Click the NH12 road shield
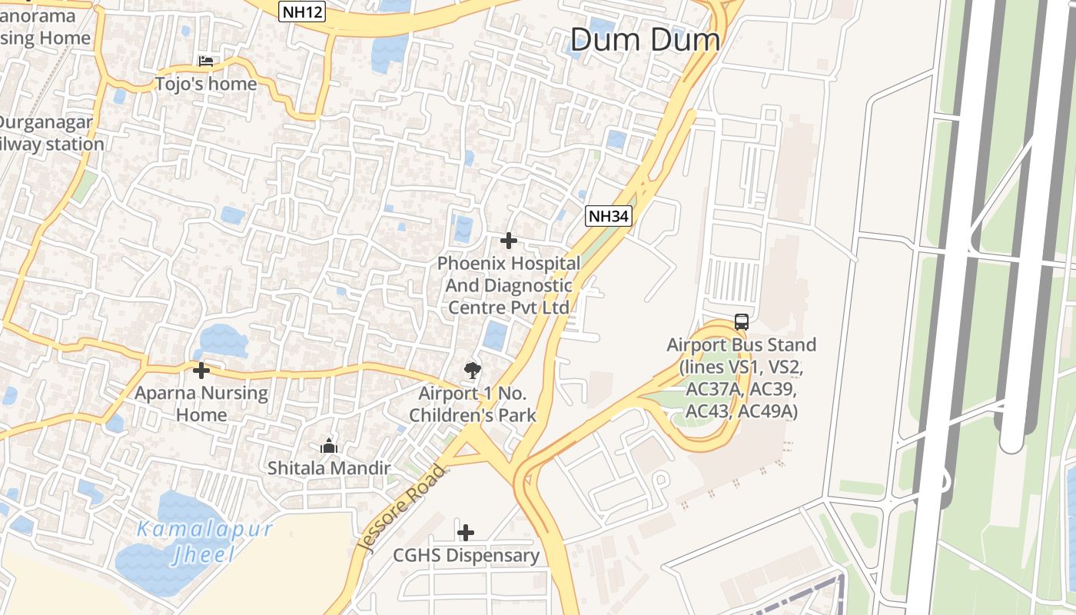302,11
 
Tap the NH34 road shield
608,217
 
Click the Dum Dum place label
645,40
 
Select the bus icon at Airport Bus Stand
741,322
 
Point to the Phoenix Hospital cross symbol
508,241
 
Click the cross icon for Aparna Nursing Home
201,371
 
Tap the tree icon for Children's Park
473,371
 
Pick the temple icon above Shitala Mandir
329,446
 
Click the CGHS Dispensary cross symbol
465,532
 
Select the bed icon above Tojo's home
205,61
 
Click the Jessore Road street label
401,507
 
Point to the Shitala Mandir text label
329,467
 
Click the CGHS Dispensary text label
466,555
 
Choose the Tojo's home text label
206,83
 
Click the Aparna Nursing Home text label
201,404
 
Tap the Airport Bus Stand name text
741,344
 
